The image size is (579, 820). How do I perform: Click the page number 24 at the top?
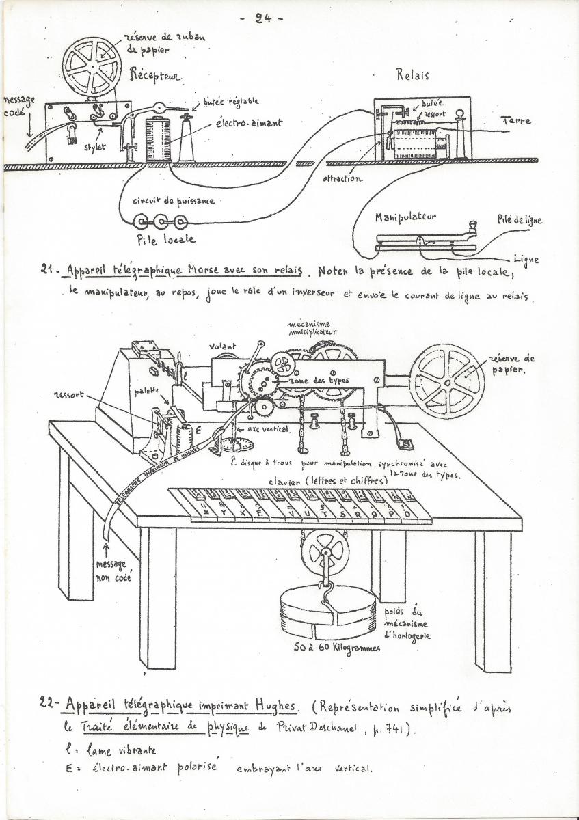point(264,18)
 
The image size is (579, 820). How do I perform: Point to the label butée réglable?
point(230,101)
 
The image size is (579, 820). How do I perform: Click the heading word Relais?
point(413,75)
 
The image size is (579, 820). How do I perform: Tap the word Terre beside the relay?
point(516,120)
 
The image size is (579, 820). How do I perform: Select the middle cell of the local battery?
point(163,221)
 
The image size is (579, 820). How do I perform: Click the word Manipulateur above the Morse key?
point(405,217)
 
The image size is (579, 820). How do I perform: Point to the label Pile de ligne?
point(520,220)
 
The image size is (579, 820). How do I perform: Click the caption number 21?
point(48,269)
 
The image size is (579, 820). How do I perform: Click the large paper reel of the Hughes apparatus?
point(447,380)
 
